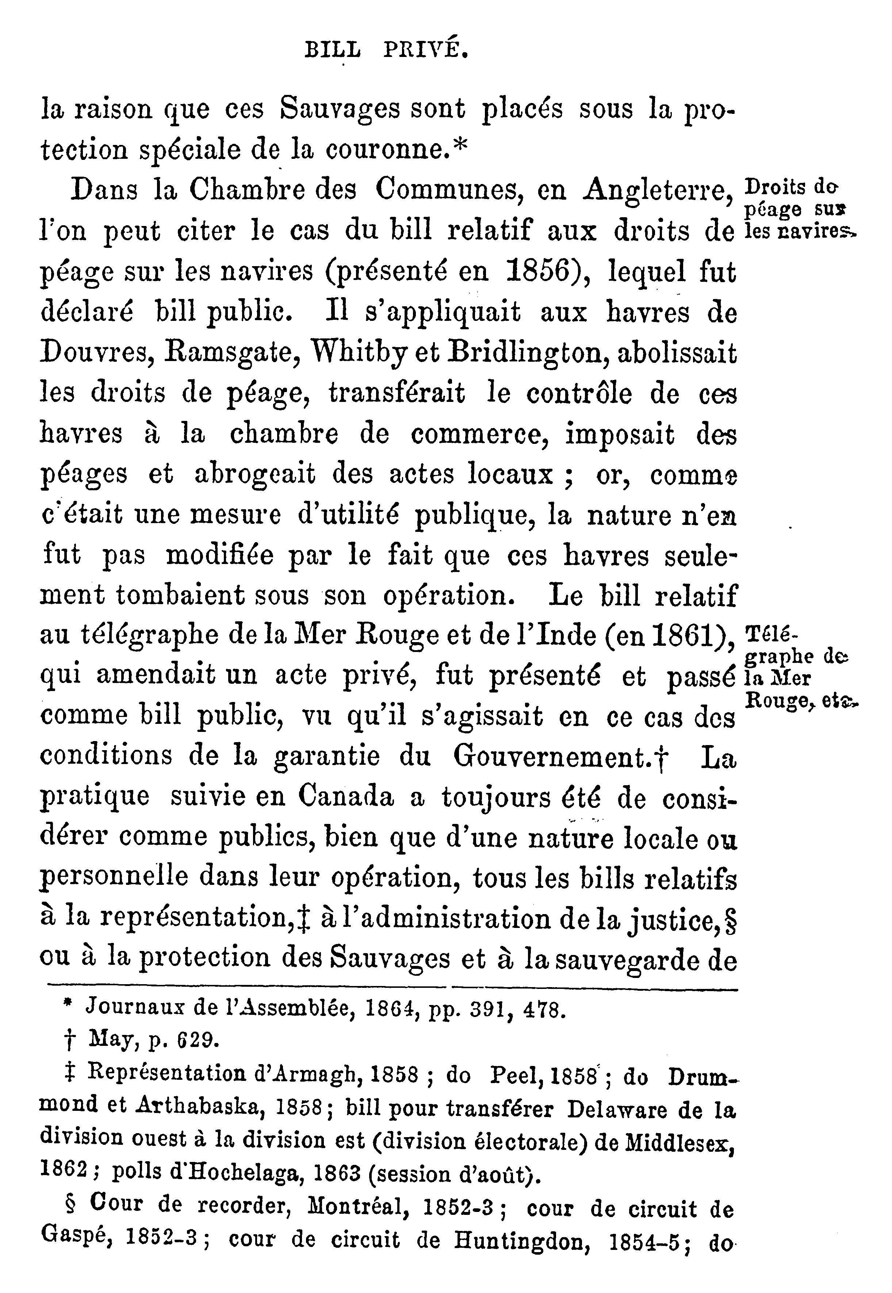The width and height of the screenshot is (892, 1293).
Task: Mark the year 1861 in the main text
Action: [x=688, y=636]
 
